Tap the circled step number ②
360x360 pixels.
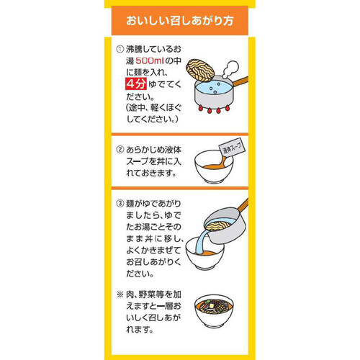[x=120, y=152]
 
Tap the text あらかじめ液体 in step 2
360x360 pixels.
[x=154, y=152]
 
